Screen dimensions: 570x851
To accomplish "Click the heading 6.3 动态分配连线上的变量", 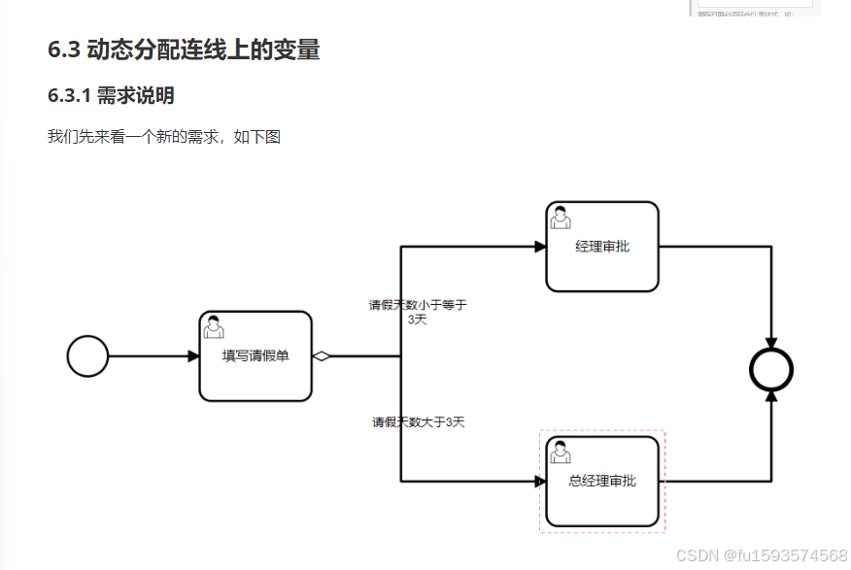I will pos(184,50).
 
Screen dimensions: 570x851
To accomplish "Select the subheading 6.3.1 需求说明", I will pos(111,95).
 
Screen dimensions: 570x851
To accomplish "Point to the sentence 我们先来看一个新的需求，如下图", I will pos(163,137).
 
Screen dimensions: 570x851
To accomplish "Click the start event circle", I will pos(87,355).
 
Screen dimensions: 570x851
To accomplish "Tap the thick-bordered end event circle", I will pos(771,370).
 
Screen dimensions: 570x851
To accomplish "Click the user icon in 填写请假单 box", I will pos(215,327).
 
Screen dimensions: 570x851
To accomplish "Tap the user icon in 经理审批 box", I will pos(561,218).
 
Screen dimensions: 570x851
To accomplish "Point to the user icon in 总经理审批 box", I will pos(561,453).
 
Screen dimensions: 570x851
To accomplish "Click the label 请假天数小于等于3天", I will pos(418,312).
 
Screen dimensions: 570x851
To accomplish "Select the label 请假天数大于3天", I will pos(419,422).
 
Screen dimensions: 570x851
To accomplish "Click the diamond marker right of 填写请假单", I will pos(322,356).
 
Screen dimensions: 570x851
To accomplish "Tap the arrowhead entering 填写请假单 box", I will pos(193,356).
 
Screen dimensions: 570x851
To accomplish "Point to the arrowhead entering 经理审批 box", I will pos(540,247).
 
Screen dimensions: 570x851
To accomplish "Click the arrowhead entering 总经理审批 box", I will pos(540,481).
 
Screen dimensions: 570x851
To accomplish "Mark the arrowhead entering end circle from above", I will pos(771,343).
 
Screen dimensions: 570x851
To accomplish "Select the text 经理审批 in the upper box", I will pos(602,247).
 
